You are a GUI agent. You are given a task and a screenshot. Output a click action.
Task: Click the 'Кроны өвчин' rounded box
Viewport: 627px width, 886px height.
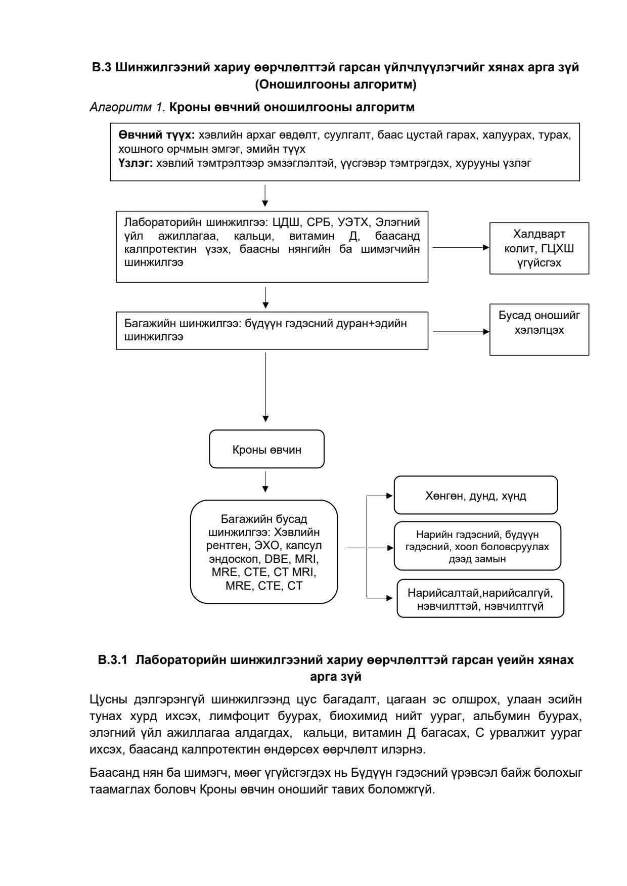pyautogui.click(x=266, y=449)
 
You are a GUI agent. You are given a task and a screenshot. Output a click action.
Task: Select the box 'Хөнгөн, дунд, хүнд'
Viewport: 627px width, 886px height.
pyautogui.click(x=475, y=496)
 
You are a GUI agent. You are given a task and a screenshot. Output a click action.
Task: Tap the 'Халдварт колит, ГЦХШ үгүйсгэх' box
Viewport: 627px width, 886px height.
pyautogui.click(x=539, y=248)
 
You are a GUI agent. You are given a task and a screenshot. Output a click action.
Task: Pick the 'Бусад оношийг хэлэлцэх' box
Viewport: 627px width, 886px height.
pyautogui.click(x=539, y=329)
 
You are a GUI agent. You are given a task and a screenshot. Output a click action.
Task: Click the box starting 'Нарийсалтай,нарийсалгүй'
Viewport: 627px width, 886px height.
pyautogui.click(x=480, y=599)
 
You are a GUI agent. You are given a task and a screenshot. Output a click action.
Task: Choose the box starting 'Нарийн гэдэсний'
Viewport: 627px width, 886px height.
pyautogui.click(x=477, y=546)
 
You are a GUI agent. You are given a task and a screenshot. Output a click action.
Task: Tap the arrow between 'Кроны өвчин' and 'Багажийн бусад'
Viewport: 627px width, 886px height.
pyautogui.click(x=265, y=482)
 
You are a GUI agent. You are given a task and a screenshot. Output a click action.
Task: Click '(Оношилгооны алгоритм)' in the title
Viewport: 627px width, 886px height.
pyautogui.click(x=336, y=85)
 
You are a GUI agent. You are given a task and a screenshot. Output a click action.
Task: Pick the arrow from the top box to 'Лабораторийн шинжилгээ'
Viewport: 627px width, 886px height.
pyautogui.click(x=265, y=196)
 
